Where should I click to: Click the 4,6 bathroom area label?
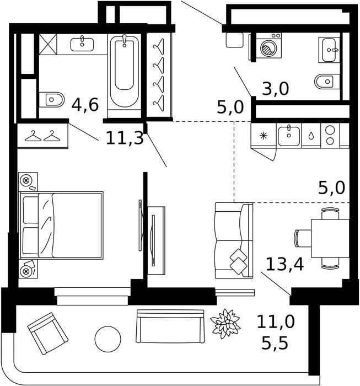(x=85, y=105)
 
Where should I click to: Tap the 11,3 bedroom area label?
(x=125, y=138)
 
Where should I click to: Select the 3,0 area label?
(x=275, y=89)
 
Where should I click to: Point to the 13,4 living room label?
(x=284, y=264)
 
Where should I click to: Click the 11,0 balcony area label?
(x=276, y=321)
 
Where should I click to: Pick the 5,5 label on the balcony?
(x=275, y=343)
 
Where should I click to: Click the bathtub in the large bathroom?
(x=124, y=71)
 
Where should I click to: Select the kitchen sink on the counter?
(x=289, y=135)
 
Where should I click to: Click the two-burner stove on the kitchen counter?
(x=330, y=135)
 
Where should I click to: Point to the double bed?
(x=61, y=225)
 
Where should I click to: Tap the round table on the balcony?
(x=108, y=339)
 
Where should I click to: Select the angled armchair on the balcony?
(x=48, y=333)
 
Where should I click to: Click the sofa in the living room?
(x=234, y=240)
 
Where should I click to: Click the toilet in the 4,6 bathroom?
(x=52, y=100)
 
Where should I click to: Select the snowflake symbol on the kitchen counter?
(x=264, y=136)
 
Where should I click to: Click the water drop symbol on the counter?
(x=311, y=136)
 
